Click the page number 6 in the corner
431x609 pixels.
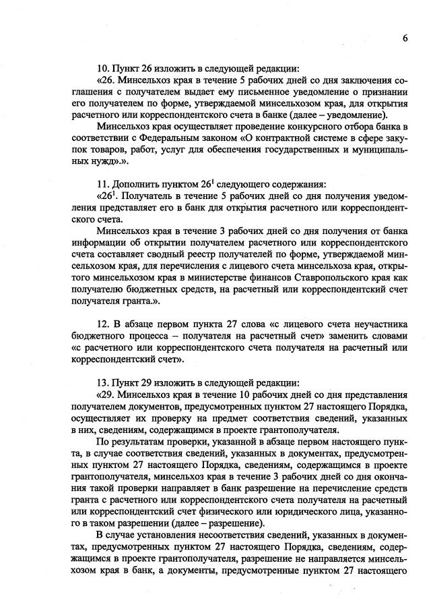[405, 38]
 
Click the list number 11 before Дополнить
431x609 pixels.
[104, 183]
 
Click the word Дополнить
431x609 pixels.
[137, 183]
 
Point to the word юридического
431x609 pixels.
[315, 511]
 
